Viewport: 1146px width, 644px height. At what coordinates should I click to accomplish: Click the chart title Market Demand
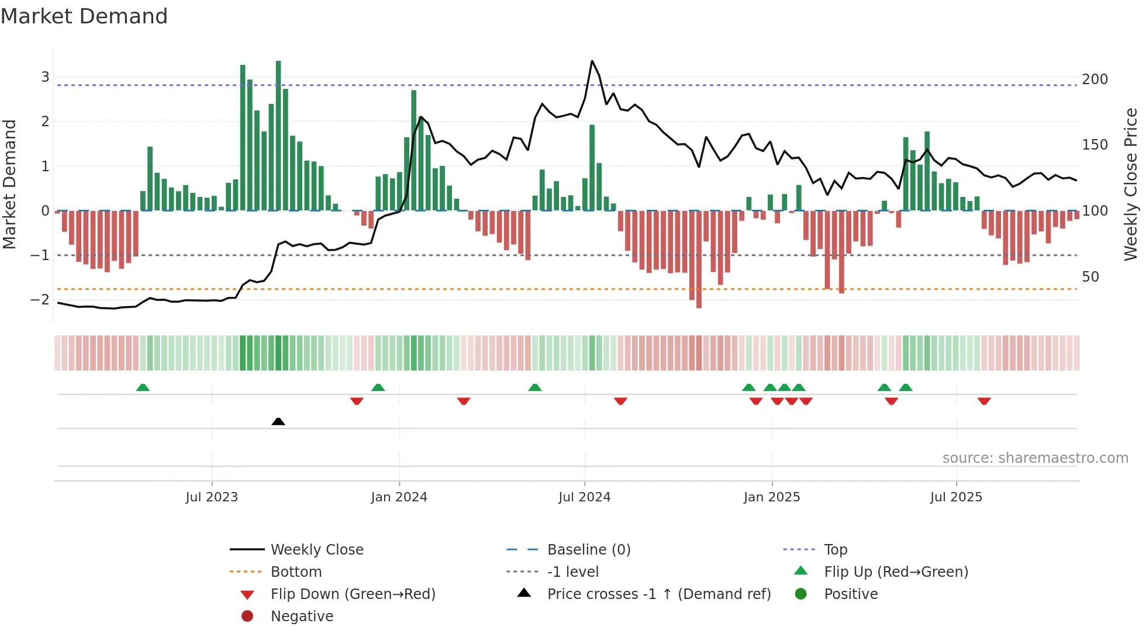coord(84,16)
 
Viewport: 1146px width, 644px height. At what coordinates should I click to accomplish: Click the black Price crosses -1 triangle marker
coord(278,421)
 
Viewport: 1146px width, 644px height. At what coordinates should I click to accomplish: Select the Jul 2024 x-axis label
coord(584,497)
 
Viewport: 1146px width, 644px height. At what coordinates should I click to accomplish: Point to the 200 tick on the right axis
coord(1095,79)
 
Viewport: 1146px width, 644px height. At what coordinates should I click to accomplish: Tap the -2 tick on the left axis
coord(40,300)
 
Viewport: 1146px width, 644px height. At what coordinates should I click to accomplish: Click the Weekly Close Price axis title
coord(1131,184)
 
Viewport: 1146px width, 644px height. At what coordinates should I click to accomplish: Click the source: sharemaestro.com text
coord(1035,458)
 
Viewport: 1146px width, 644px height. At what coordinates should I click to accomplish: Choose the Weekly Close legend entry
coord(316,550)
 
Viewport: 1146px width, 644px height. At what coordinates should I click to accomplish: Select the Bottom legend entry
coord(296,572)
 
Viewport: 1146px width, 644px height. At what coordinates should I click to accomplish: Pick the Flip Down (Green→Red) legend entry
coord(353,594)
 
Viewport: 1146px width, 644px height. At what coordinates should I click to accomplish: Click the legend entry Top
coord(836,550)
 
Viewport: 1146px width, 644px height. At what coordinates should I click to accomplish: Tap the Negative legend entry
coord(302,617)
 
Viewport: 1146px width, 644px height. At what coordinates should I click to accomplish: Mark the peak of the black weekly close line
coord(592,61)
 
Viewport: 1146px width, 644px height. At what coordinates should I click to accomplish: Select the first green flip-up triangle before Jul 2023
coord(143,387)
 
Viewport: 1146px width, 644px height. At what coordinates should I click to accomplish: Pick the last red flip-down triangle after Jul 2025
coord(984,401)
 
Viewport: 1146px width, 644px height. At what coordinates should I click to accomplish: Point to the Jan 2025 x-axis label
coord(772,497)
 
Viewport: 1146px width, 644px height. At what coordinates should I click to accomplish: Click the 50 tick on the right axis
coord(1090,276)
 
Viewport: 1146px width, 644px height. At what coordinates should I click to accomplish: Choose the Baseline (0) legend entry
coord(588,550)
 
